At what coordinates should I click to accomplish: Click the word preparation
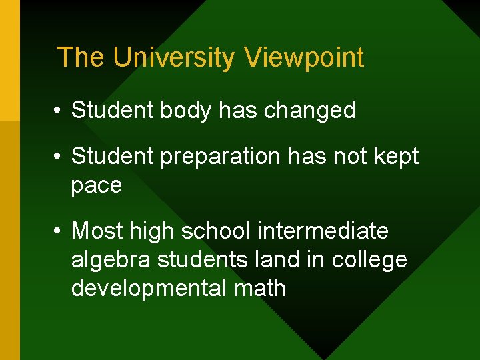click(x=217, y=157)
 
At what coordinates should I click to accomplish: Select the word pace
click(x=97, y=185)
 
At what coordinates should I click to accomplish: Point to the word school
click(x=215, y=231)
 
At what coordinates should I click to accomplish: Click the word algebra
click(x=111, y=260)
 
